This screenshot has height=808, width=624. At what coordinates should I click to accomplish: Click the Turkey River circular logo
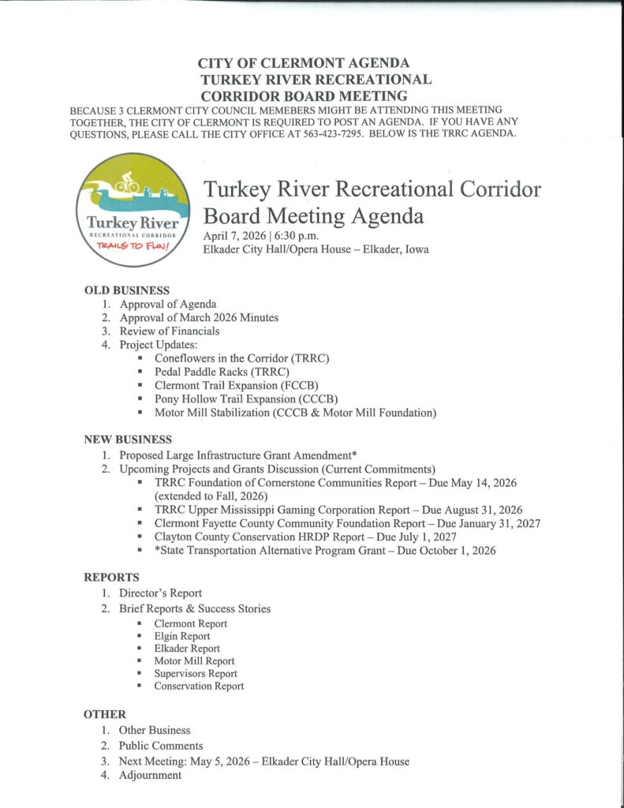133,208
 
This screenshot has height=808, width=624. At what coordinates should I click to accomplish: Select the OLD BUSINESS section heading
127,290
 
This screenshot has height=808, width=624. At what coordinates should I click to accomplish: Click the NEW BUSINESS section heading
128,440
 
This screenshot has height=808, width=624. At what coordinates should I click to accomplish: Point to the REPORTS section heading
111,578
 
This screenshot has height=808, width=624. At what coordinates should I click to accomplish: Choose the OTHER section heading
105,715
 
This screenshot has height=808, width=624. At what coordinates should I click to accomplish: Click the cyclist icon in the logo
127,182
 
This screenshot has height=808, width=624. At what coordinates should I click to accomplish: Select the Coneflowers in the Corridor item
241,358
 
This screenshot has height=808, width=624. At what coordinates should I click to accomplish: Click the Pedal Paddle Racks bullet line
222,372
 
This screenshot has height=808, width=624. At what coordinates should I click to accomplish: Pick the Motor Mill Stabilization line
295,413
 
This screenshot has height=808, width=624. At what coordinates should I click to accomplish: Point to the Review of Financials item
169,331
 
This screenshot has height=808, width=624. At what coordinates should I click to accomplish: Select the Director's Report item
160,593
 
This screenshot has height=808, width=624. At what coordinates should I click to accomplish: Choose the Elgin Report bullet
181,636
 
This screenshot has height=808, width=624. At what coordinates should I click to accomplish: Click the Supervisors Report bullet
195,674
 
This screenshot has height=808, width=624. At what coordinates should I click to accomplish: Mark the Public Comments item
161,746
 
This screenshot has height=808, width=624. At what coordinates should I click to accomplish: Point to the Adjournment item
150,776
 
